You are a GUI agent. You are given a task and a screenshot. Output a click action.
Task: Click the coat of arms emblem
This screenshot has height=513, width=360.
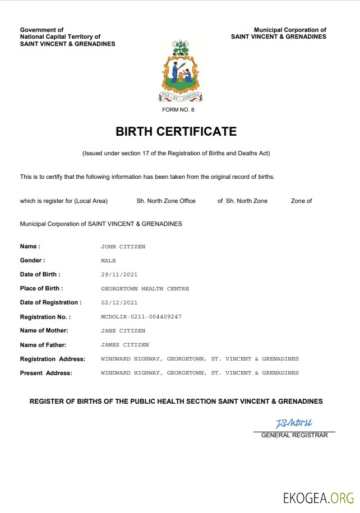(180, 70)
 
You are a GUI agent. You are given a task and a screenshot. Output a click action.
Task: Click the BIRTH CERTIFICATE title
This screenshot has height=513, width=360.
(176, 132)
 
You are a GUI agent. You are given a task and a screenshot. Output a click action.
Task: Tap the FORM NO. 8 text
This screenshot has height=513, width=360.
(178, 109)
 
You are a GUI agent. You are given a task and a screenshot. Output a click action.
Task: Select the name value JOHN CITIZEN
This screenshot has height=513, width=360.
(123, 247)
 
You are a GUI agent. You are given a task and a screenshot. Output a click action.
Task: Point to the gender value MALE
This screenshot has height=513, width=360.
(108, 261)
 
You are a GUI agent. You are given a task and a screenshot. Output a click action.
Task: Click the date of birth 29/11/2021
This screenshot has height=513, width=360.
(119, 275)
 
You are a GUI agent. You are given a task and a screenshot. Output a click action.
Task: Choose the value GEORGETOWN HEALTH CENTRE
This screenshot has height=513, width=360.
(145, 289)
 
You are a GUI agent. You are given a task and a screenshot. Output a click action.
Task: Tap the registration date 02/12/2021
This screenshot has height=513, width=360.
(119, 303)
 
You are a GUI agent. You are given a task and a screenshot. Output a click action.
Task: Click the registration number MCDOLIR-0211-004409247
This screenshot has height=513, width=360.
(141, 317)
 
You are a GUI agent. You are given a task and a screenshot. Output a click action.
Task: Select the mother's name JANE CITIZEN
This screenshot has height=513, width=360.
(123, 331)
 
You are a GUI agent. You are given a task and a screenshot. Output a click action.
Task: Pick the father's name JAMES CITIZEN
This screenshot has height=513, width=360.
(124, 345)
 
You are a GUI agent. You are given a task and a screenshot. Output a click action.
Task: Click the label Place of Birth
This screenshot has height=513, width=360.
(41, 289)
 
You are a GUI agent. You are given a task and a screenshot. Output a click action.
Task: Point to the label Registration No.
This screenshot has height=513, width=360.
(45, 317)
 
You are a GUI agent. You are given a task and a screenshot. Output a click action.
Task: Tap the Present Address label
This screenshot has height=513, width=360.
(46, 373)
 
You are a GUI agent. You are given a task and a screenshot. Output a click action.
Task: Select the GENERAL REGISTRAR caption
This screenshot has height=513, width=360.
(294, 435)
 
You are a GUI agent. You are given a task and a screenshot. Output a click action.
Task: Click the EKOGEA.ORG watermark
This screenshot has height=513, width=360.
(319, 497)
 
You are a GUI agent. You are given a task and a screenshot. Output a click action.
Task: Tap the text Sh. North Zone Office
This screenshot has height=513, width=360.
(166, 201)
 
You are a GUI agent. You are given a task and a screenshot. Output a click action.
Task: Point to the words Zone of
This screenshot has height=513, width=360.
(301, 201)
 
